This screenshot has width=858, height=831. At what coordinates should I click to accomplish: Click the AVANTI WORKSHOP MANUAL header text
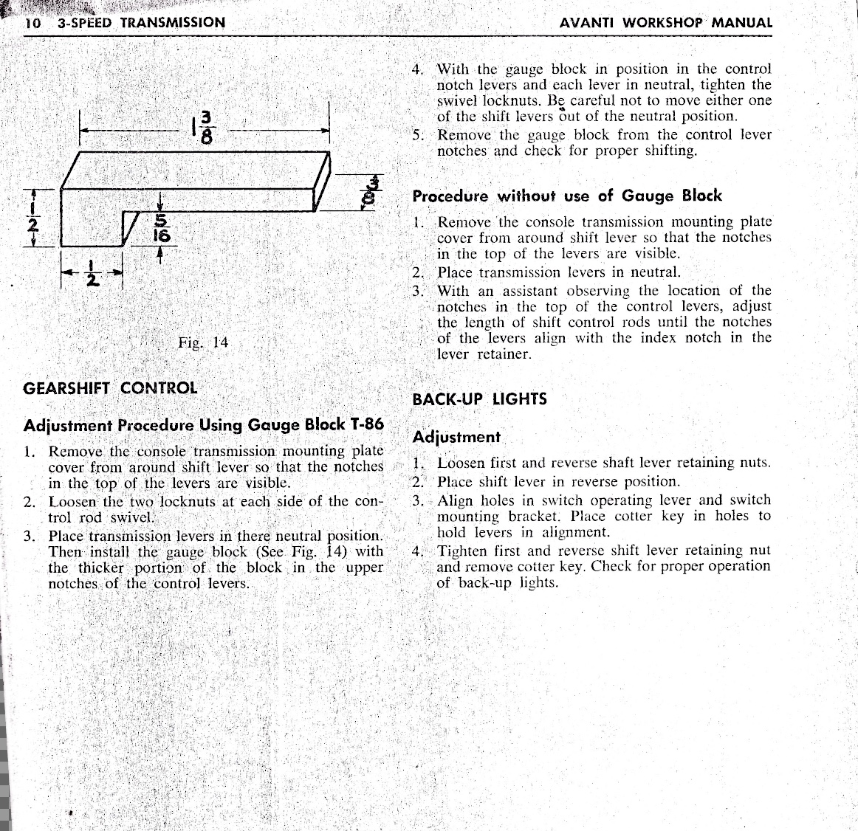[x=666, y=23]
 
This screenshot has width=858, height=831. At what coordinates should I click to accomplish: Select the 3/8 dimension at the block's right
[x=375, y=191]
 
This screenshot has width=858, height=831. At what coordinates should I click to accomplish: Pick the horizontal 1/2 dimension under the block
[x=92, y=275]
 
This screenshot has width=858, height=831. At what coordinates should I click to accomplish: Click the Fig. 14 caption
[x=203, y=342]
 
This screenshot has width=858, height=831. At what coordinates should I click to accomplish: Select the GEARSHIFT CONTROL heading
[x=110, y=387]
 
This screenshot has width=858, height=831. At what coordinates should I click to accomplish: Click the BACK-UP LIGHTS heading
[x=479, y=399]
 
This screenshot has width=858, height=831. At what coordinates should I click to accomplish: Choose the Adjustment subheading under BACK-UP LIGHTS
[x=456, y=437]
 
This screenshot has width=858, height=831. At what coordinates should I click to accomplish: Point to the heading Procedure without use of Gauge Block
[x=566, y=196]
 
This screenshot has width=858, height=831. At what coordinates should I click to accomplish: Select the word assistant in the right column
[x=529, y=291]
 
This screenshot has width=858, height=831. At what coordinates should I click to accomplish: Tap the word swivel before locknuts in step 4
[x=457, y=101]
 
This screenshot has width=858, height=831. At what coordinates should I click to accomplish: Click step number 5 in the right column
[x=417, y=135]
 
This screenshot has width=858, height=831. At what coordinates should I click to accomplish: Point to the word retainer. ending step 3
[x=504, y=354]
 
